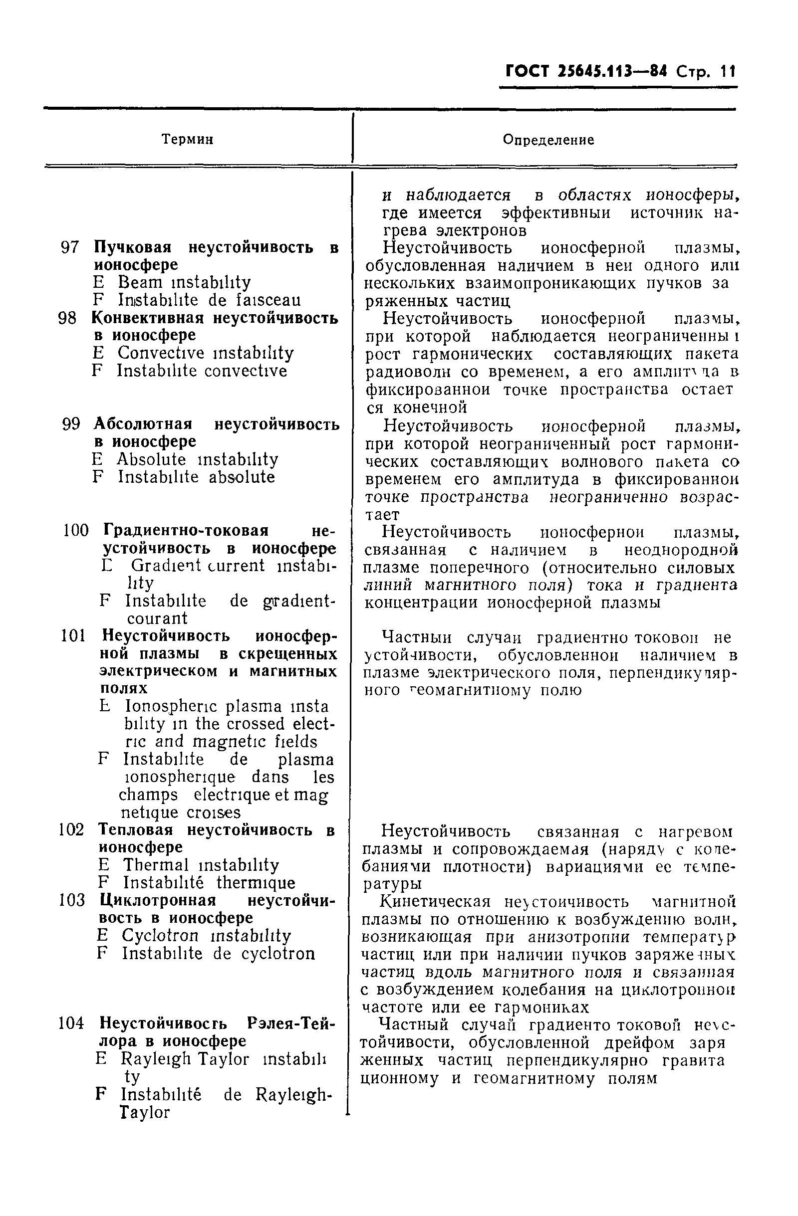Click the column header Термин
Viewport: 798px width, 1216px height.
click(187, 139)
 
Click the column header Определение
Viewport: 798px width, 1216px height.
click(548, 140)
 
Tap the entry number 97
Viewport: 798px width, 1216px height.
click(70, 248)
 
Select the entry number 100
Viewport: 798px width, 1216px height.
click(76, 530)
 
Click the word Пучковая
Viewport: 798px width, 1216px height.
click(133, 248)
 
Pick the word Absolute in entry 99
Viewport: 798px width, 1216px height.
click(151, 459)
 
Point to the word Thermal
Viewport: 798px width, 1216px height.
click(155, 865)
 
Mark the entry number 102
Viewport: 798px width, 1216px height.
click(71, 830)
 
